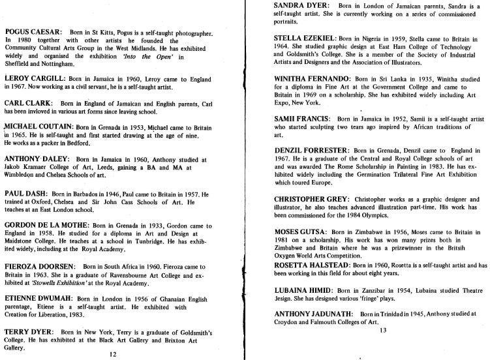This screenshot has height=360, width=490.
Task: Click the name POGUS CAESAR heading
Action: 33,32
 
